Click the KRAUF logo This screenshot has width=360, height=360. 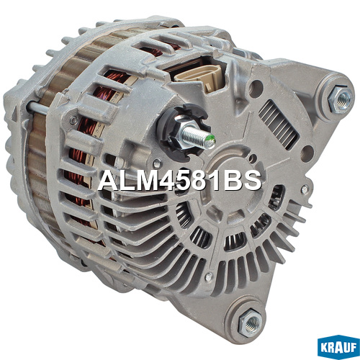tap(338, 347)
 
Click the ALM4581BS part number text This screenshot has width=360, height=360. tap(179, 181)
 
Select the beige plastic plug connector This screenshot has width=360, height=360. tap(200, 76)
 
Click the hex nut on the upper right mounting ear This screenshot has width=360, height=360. tap(341, 99)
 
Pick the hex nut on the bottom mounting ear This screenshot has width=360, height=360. tap(251, 323)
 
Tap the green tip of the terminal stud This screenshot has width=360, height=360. tap(210, 142)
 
